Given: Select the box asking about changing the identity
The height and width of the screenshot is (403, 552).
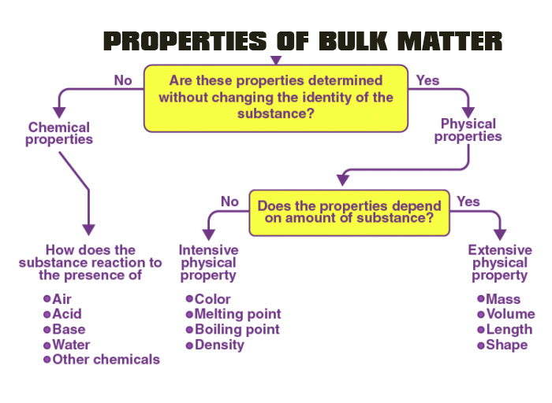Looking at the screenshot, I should pos(275,97).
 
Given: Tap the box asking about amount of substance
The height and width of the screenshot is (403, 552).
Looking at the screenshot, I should pos(349,212).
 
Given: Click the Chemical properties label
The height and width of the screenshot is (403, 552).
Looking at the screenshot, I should pos(59,133).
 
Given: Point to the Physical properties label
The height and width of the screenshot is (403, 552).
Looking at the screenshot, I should pos(468,130).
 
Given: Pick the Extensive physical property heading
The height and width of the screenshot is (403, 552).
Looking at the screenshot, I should pos(500,263).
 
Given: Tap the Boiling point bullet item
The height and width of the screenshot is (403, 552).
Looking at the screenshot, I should pos(237,329).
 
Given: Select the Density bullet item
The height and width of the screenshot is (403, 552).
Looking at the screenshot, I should pos(219,345).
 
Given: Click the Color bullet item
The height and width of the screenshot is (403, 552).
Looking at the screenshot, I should pos(212,299).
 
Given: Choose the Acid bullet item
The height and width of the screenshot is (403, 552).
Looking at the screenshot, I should pos(65,314).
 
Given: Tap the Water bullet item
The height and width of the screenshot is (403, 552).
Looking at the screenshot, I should pos(71,345).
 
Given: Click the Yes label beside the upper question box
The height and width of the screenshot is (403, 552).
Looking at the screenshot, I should pos(427,79).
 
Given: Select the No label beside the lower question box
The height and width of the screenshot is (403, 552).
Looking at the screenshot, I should pos(229,201).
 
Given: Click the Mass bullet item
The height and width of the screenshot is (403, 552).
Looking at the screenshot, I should pos(503,299).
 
